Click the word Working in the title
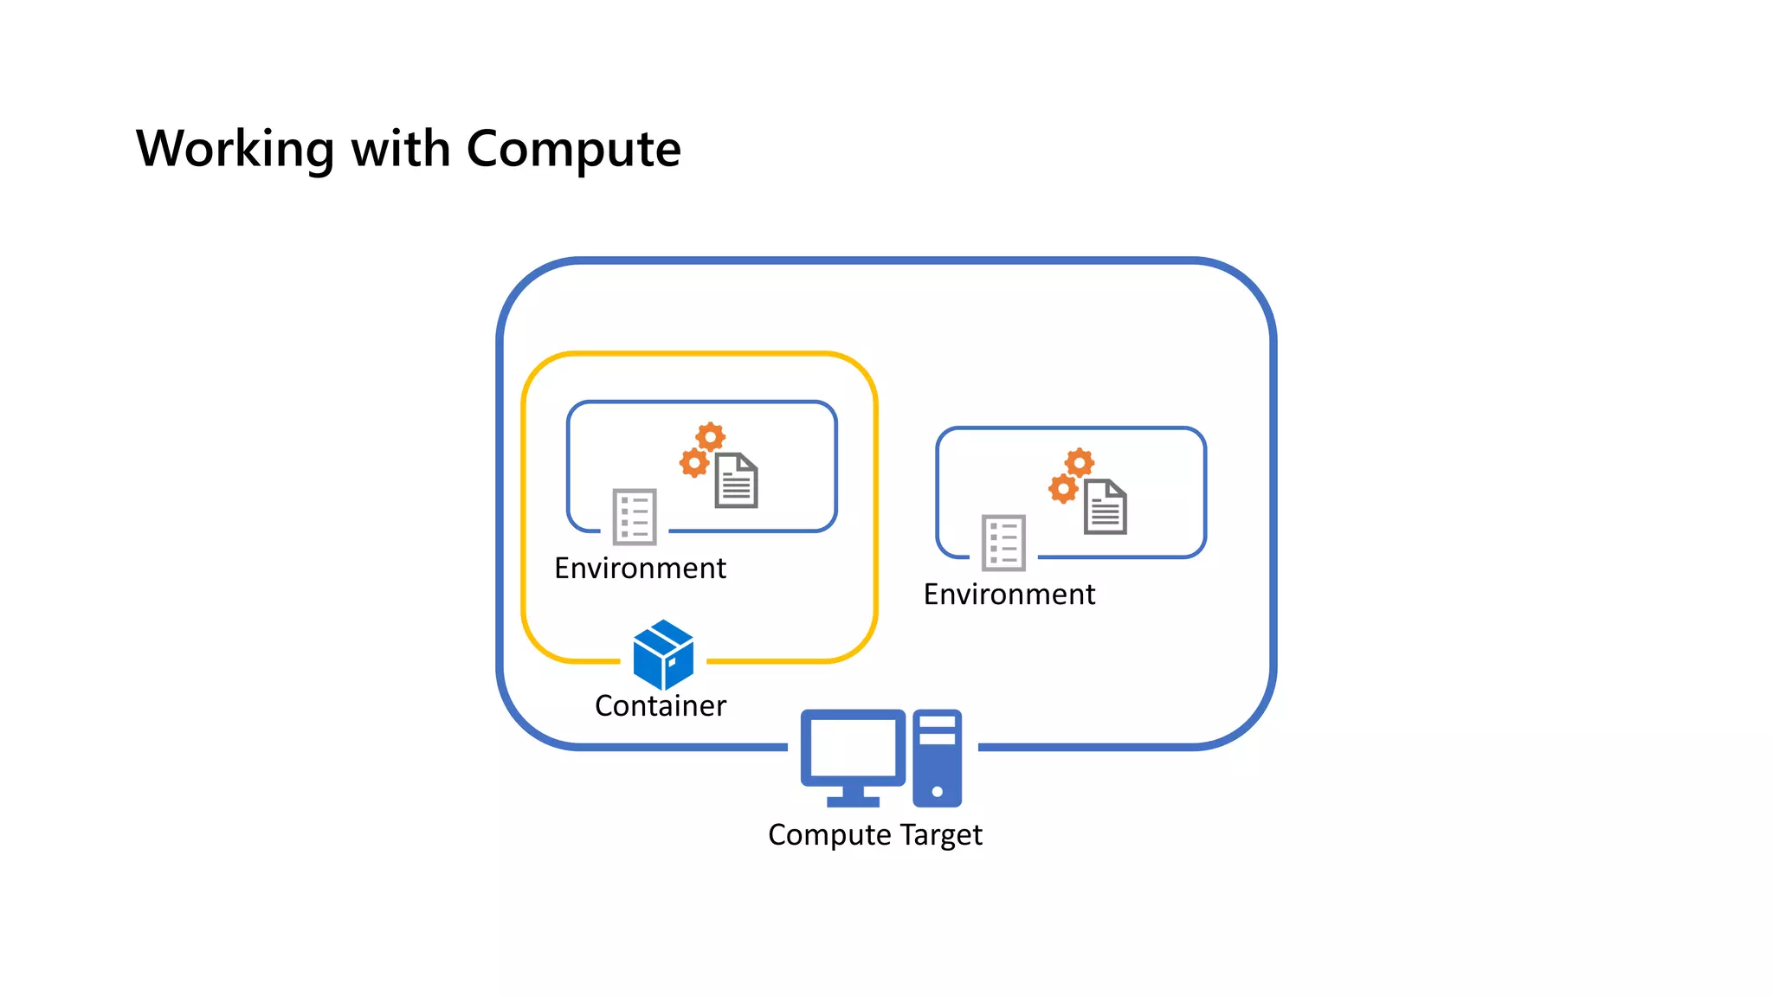(x=235, y=149)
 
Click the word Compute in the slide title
(x=573, y=149)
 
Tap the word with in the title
(x=400, y=149)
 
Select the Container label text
(x=660, y=706)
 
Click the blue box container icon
(x=663, y=654)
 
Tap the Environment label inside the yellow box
(x=640, y=569)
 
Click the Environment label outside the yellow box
(x=1009, y=595)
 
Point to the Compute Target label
(x=874, y=835)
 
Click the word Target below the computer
(x=941, y=835)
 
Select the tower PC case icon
(x=937, y=758)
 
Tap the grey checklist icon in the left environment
(x=635, y=518)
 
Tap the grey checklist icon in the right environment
(x=1003, y=544)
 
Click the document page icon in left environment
(x=737, y=481)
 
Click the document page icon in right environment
(x=1106, y=507)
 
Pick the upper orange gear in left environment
(x=711, y=437)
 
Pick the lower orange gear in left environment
(x=694, y=463)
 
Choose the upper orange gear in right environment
(x=1080, y=463)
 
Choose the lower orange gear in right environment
(x=1063, y=489)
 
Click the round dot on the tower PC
(x=937, y=791)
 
